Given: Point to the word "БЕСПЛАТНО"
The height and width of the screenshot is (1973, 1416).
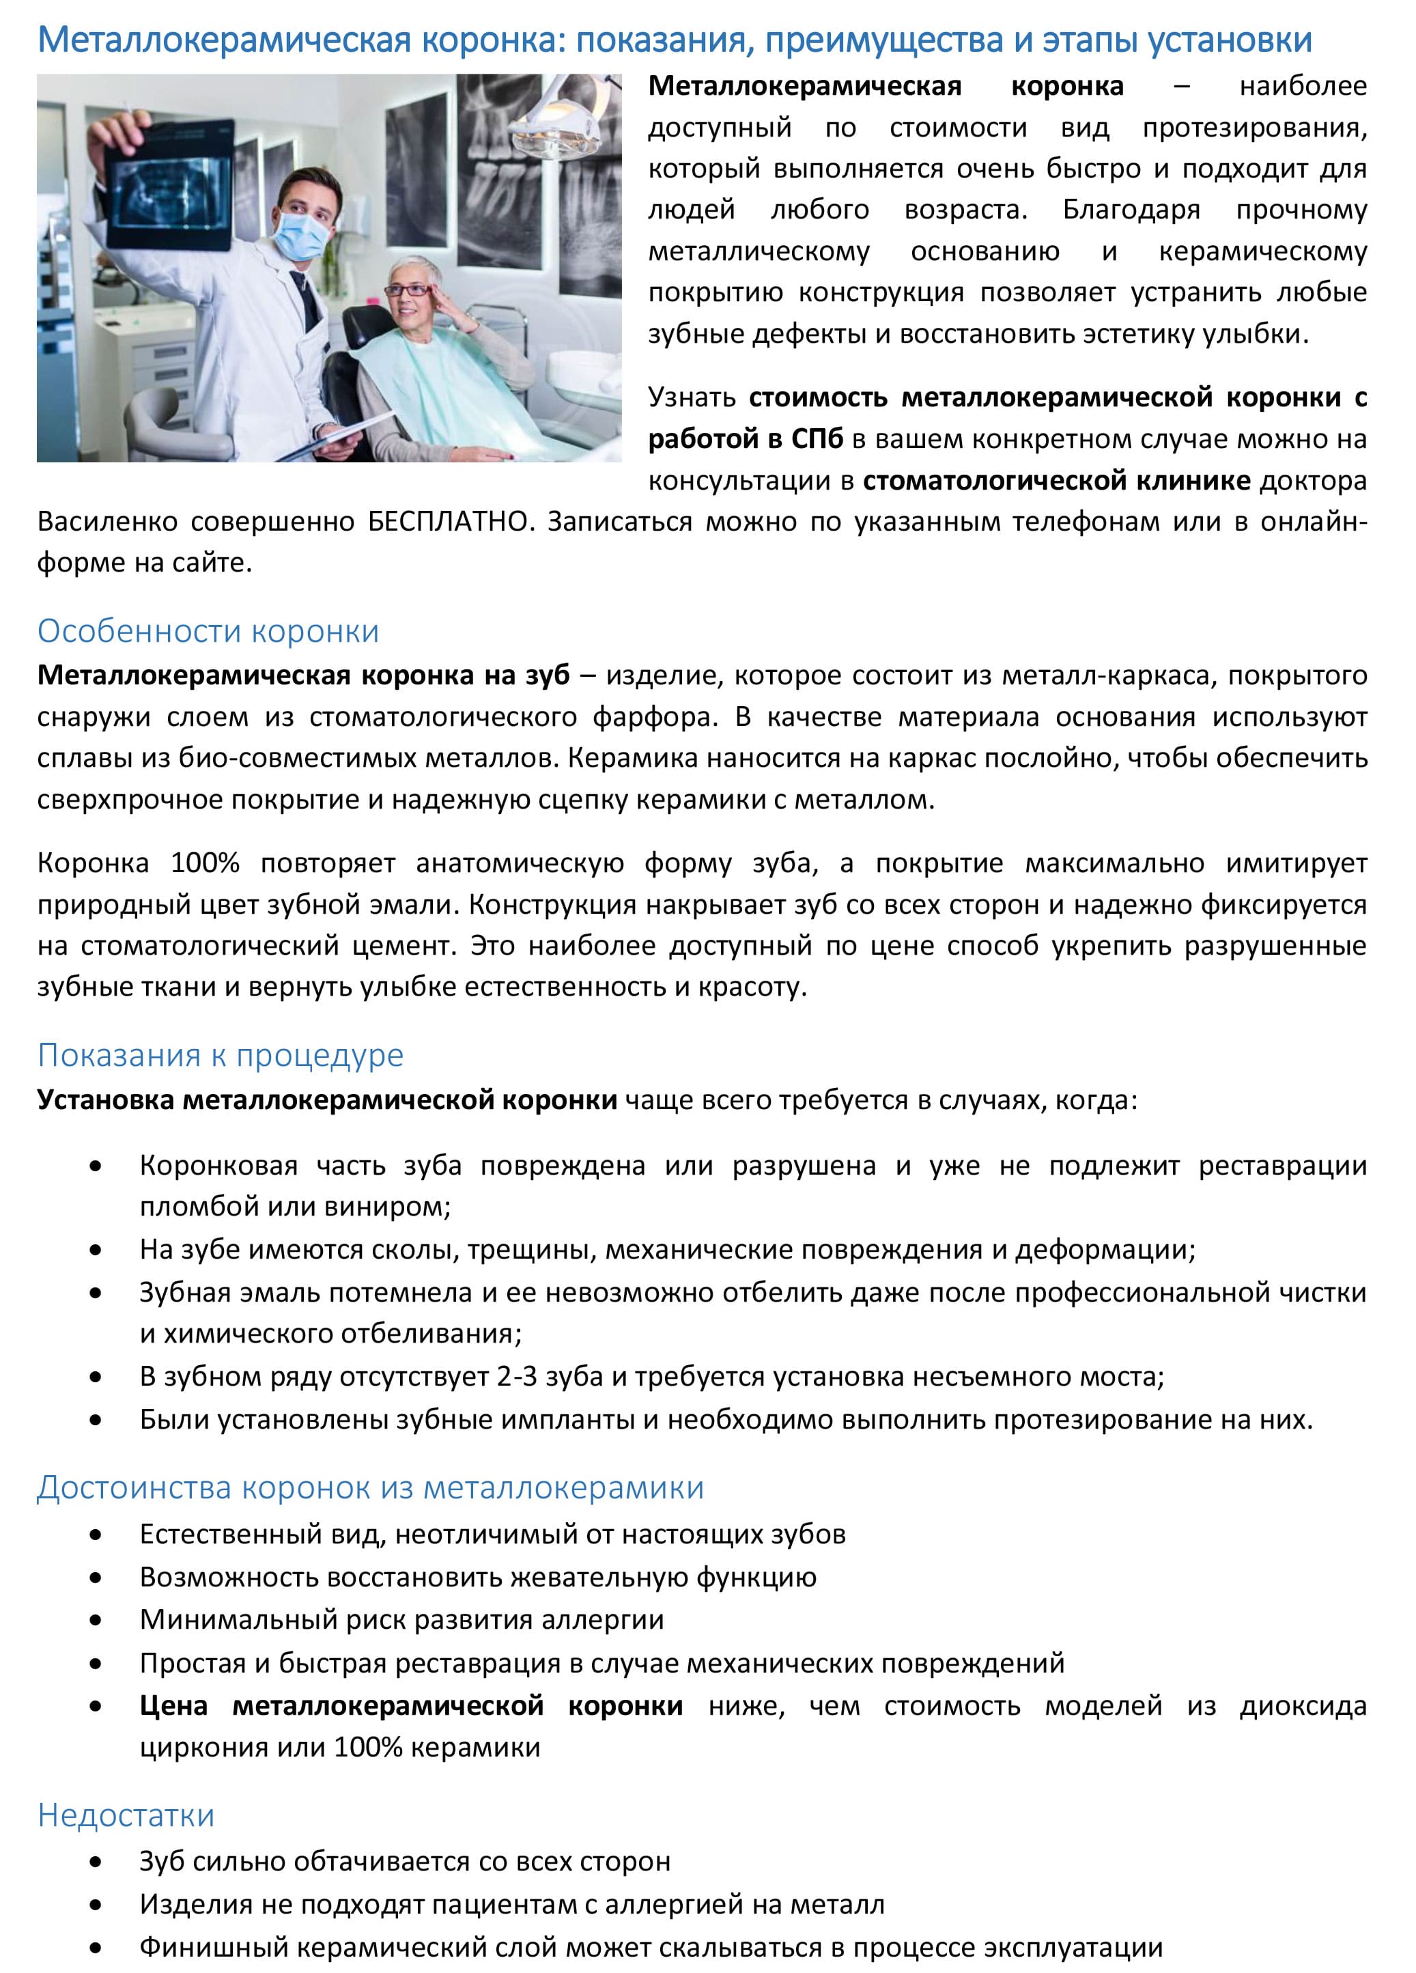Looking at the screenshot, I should click(x=447, y=522).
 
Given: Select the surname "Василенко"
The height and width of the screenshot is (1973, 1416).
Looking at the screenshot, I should click(x=106, y=522).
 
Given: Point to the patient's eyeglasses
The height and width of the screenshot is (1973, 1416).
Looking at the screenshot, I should click(x=413, y=290).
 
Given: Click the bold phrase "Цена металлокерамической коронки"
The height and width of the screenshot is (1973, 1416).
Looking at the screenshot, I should click(x=410, y=1706).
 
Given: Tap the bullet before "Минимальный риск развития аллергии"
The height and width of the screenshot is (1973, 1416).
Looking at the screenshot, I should click(x=96, y=1621).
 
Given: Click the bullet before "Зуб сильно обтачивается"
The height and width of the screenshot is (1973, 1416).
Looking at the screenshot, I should click(x=96, y=1862).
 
